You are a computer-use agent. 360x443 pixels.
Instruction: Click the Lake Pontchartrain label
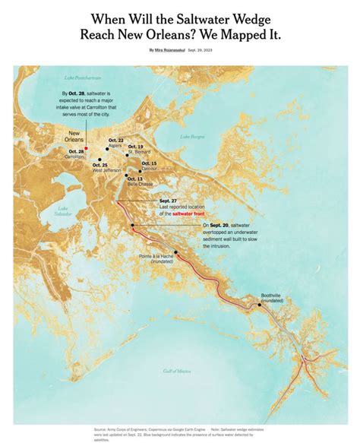point(83,78)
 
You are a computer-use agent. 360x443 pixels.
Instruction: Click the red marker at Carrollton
point(87,148)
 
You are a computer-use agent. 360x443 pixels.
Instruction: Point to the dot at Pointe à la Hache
point(175,252)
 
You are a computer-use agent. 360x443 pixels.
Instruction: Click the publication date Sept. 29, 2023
point(206,49)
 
